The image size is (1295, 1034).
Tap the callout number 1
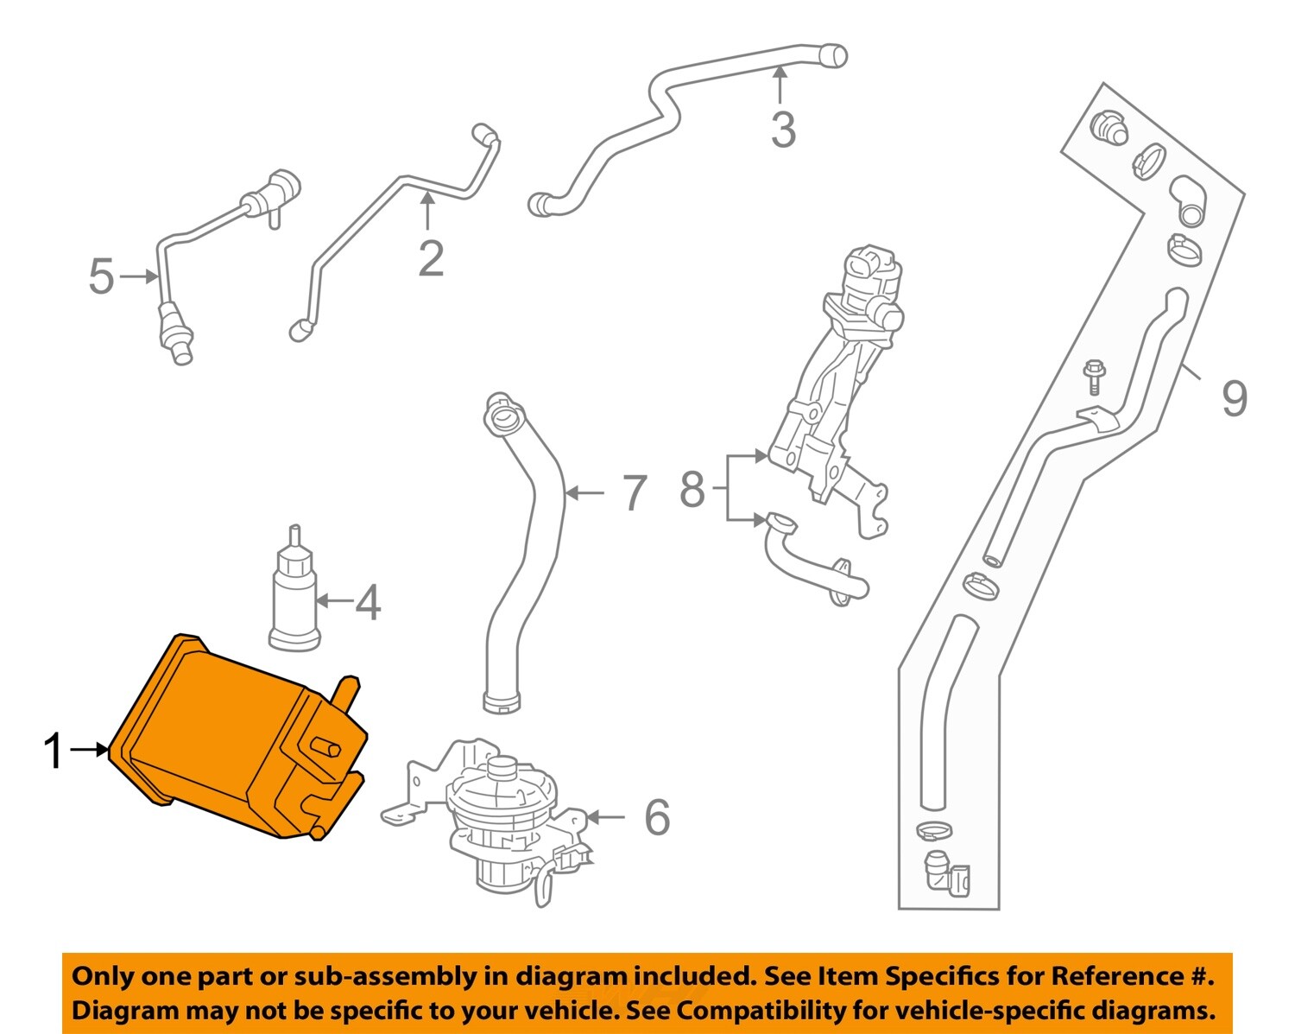54,751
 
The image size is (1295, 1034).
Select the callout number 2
431,258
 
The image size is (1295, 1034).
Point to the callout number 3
782,130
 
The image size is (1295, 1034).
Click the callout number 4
369,602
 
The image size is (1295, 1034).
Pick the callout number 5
101,276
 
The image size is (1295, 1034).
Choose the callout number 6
657,817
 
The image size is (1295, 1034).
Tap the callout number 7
635,492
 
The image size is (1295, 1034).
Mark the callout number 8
692,489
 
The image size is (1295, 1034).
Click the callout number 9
1235,397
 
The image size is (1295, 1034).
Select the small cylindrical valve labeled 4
294,596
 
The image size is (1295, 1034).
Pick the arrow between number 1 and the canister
89,750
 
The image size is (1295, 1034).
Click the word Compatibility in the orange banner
749,1010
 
